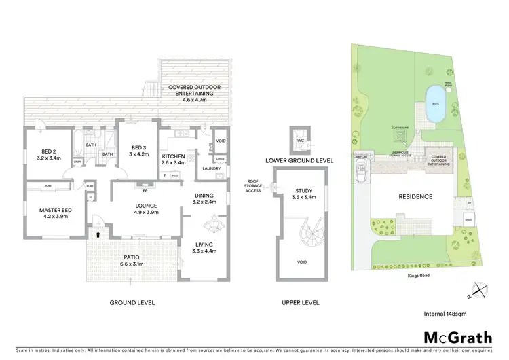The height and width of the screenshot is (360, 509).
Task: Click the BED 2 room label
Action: click(49, 151)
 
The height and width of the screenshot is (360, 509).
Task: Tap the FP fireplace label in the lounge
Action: click(145, 181)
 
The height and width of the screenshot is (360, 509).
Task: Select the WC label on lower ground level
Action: click(299, 140)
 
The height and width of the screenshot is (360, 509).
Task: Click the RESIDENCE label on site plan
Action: click(415, 196)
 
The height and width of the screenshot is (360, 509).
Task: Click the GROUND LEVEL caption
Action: click(133, 302)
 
